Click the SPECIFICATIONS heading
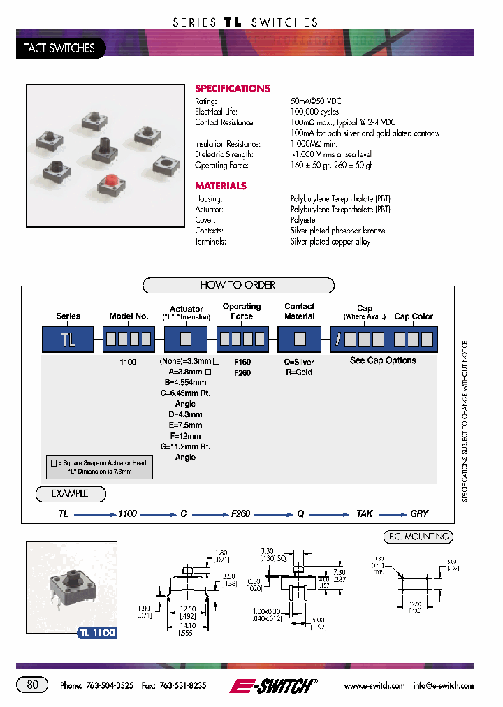point(232,89)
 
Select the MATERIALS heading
point(221,187)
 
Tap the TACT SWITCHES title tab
point(60,48)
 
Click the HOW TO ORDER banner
point(238,285)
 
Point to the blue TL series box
point(68,340)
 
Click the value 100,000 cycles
point(314,112)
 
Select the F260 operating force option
point(242,373)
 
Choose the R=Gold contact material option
point(300,372)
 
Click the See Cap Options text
point(383,361)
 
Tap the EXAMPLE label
point(71,494)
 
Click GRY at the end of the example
point(419,514)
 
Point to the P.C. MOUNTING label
point(418,537)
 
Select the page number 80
point(33,685)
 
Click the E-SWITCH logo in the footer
point(273,686)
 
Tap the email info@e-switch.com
point(443,686)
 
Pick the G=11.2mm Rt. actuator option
point(185,446)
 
